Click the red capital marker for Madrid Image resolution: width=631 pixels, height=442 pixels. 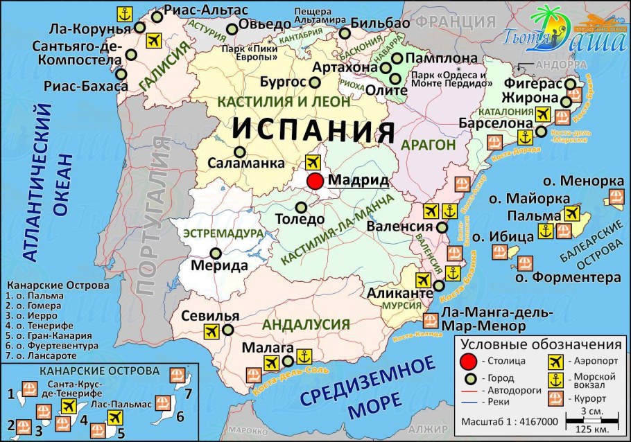click(315, 182)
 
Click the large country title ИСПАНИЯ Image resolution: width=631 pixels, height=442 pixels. click(313, 130)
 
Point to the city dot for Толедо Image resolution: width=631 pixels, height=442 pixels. click(301, 207)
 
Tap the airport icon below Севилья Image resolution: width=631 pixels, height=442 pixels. click(212, 332)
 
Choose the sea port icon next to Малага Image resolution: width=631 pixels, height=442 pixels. click(302, 357)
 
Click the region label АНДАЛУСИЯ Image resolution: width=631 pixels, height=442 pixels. click(306, 324)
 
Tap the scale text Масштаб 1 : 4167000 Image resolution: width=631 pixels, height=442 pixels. click(510, 421)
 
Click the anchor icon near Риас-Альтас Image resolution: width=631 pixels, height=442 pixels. click(124, 13)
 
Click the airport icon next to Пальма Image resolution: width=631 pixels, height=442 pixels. click(572, 213)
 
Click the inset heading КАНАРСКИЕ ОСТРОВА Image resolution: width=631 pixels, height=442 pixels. click(98, 371)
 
